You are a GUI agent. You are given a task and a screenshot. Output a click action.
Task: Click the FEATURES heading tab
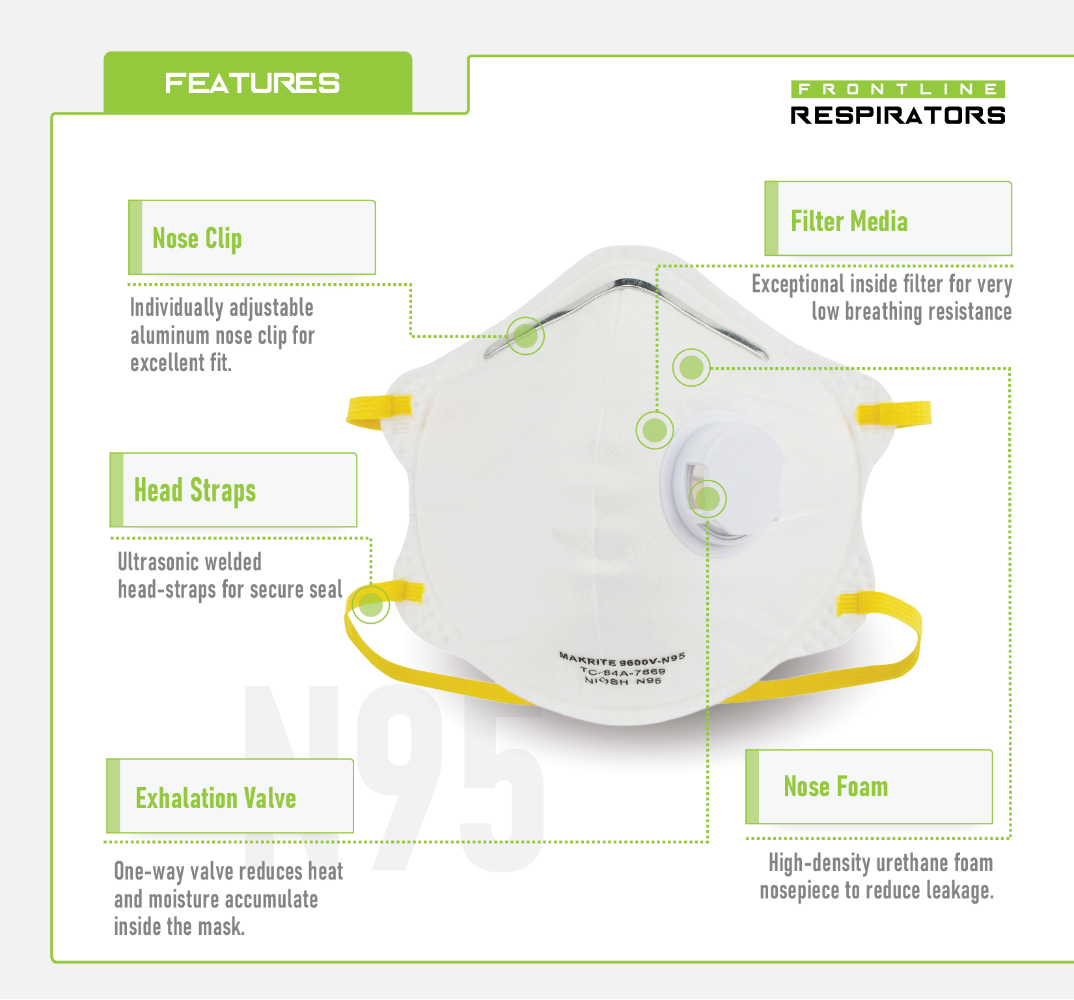(x=253, y=83)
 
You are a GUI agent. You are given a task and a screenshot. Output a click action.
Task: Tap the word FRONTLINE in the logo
(x=898, y=89)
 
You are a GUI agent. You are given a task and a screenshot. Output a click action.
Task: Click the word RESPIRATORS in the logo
(x=898, y=115)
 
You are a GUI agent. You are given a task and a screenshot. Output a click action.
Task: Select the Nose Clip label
(x=197, y=238)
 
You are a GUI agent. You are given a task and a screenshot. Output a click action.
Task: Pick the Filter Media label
(x=849, y=221)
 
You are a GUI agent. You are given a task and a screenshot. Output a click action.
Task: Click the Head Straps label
(x=195, y=490)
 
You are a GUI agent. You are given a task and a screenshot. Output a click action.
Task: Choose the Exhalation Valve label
(x=215, y=798)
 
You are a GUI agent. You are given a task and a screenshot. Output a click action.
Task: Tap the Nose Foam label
(x=836, y=786)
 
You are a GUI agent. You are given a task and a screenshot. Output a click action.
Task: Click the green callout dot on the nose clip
(x=525, y=336)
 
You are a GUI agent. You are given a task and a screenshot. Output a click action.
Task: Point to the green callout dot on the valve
(x=708, y=499)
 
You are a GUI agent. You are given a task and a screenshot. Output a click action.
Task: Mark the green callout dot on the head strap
(x=371, y=604)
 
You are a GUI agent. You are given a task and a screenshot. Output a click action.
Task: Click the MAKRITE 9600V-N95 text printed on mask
(x=622, y=659)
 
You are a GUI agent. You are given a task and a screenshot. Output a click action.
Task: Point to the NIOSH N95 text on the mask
(x=623, y=681)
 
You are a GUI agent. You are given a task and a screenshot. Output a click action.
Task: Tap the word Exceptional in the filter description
(x=797, y=285)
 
